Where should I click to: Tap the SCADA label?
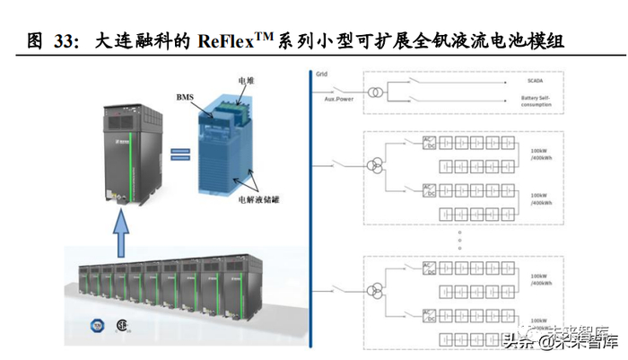[x=537, y=82]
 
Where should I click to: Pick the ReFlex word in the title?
[x=254, y=41]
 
